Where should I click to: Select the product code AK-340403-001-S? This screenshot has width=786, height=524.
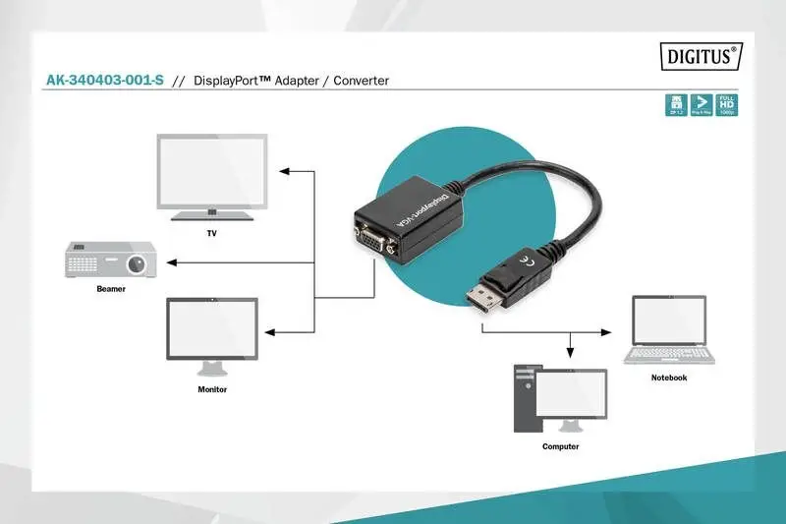tap(105, 81)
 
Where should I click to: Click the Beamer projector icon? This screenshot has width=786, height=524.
tap(107, 261)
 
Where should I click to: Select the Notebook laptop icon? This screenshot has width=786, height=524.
tap(668, 331)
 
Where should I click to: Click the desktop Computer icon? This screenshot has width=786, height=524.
tap(558, 398)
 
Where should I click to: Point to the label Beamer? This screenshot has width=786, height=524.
tap(111, 289)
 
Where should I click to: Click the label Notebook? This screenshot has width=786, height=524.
tap(669, 378)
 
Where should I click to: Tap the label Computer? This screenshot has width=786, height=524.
tap(560, 446)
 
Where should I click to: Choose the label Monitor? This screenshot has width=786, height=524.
tap(212, 389)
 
